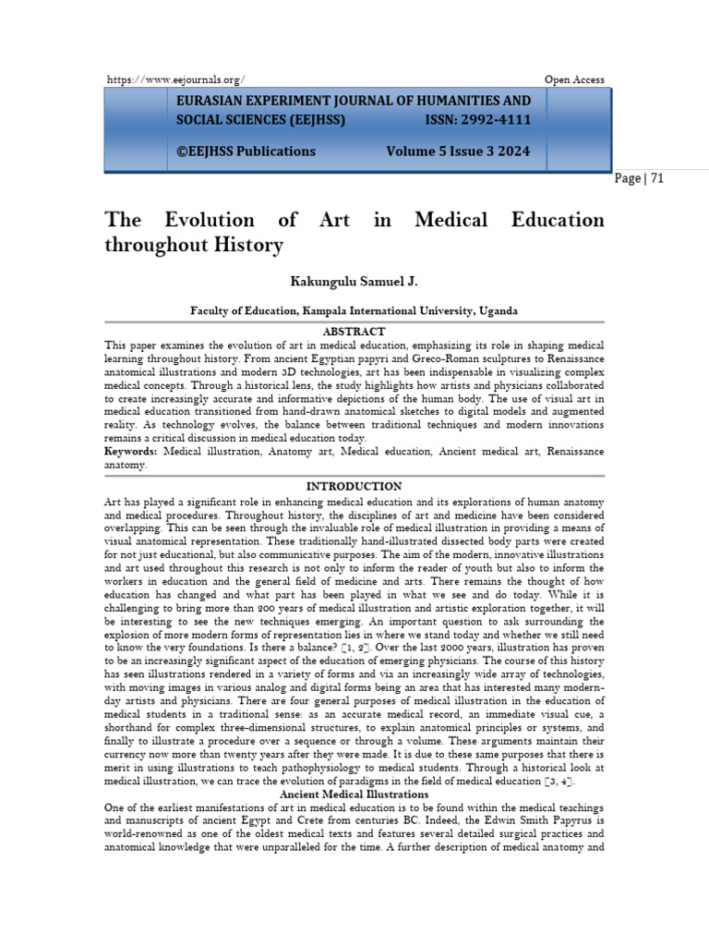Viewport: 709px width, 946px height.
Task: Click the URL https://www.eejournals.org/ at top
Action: pyautogui.click(x=175, y=80)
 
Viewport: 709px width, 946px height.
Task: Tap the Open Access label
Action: pyautogui.click(x=574, y=80)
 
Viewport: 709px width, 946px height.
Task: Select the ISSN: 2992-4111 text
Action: pyautogui.click(x=477, y=120)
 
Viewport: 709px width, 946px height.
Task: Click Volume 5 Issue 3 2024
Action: pyautogui.click(x=458, y=152)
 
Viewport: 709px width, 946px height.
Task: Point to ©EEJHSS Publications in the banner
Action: pyautogui.click(x=246, y=152)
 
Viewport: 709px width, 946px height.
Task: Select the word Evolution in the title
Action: pyautogui.click(x=209, y=220)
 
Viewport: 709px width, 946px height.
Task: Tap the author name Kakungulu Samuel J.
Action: pyautogui.click(x=354, y=280)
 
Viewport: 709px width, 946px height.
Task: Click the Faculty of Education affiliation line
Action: pyautogui.click(x=354, y=311)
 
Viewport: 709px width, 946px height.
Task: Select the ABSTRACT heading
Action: pyautogui.click(x=354, y=331)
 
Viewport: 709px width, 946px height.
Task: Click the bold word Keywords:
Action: pyautogui.click(x=131, y=451)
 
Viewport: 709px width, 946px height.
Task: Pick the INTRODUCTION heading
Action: pyautogui.click(x=354, y=486)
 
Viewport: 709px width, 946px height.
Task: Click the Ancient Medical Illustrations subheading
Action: pyautogui.click(x=354, y=794)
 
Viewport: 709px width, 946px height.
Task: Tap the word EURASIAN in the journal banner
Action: pyautogui.click(x=211, y=101)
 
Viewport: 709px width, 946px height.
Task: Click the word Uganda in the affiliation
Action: pyautogui.click(x=499, y=311)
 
